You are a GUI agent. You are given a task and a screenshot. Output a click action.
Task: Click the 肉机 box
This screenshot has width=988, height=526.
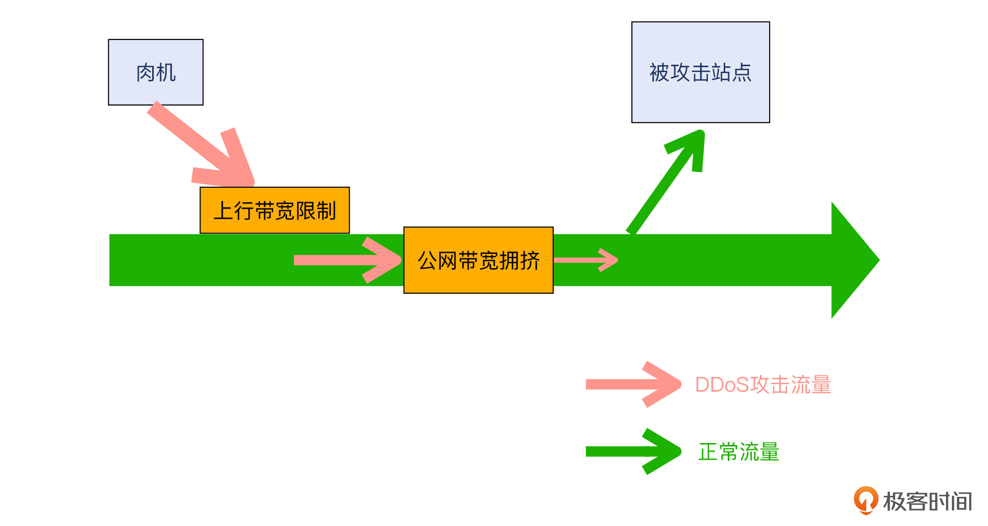point(156,72)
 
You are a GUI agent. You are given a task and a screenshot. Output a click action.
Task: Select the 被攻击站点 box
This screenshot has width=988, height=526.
point(700,72)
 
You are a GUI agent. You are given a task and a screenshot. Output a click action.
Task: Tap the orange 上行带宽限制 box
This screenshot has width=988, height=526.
point(275,210)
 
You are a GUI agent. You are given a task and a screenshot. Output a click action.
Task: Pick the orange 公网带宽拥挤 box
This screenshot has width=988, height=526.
point(478,260)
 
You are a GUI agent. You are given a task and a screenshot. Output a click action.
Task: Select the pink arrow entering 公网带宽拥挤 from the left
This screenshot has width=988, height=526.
point(346,260)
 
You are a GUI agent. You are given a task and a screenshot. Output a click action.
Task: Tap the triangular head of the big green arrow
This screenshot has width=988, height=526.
point(852,260)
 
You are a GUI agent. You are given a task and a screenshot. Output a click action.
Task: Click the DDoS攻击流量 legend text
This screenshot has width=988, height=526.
point(763,385)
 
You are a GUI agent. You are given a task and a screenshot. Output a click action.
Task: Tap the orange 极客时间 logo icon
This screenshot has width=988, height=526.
point(865,500)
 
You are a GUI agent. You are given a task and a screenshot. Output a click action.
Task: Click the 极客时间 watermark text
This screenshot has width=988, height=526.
point(927,501)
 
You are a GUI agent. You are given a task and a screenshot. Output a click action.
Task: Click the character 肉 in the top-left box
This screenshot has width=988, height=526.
point(146,73)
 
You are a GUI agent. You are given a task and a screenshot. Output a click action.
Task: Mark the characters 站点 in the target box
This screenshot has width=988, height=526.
point(732,73)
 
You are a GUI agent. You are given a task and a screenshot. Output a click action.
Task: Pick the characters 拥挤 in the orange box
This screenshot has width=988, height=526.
point(520,260)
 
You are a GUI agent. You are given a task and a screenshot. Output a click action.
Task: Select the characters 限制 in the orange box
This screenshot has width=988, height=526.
point(316,211)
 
